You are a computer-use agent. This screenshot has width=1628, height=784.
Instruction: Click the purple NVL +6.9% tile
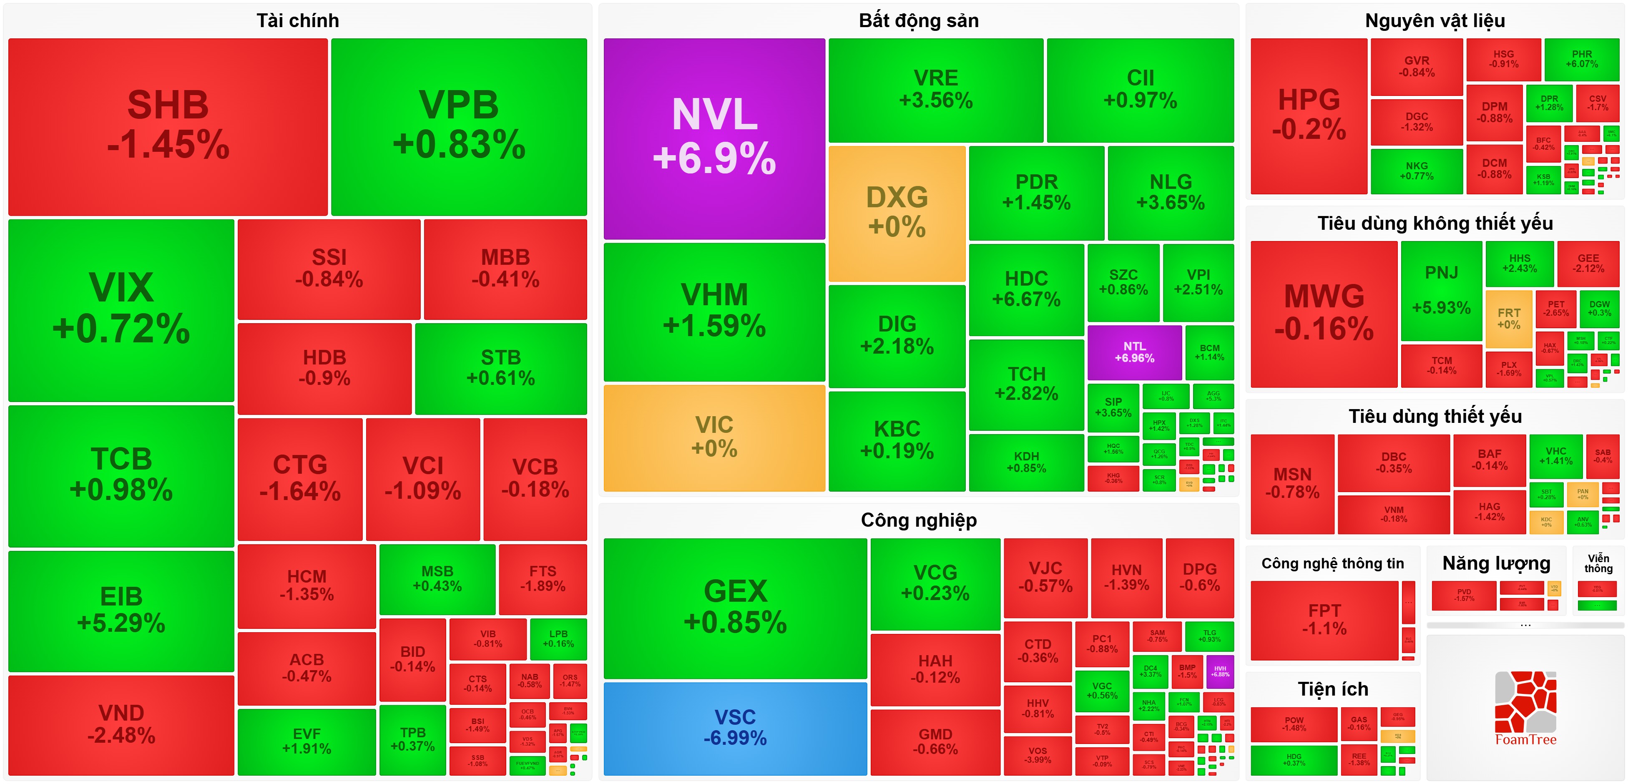click(714, 138)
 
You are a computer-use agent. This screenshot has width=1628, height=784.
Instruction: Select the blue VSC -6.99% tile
click(735, 728)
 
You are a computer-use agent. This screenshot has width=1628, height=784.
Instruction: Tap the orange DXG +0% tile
click(897, 212)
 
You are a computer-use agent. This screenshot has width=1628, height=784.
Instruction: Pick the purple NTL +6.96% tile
click(1134, 352)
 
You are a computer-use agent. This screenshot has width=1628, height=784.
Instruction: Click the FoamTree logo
click(1525, 708)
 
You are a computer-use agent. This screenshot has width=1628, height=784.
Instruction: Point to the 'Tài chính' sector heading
click(298, 21)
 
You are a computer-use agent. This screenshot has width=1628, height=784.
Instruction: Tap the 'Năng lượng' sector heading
click(1496, 563)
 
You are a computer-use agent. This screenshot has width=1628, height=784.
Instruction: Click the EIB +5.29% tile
click(121, 610)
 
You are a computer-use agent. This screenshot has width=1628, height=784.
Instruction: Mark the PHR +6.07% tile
click(1581, 59)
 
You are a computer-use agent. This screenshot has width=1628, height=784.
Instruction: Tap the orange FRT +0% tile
click(1509, 319)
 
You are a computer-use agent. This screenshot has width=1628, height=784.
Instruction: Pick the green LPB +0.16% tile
click(558, 638)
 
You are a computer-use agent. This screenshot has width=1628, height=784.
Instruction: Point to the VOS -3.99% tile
click(1037, 755)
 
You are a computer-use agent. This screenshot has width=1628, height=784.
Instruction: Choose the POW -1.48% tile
click(1294, 724)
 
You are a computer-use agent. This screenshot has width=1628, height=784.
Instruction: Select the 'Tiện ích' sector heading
click(1333, 689)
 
